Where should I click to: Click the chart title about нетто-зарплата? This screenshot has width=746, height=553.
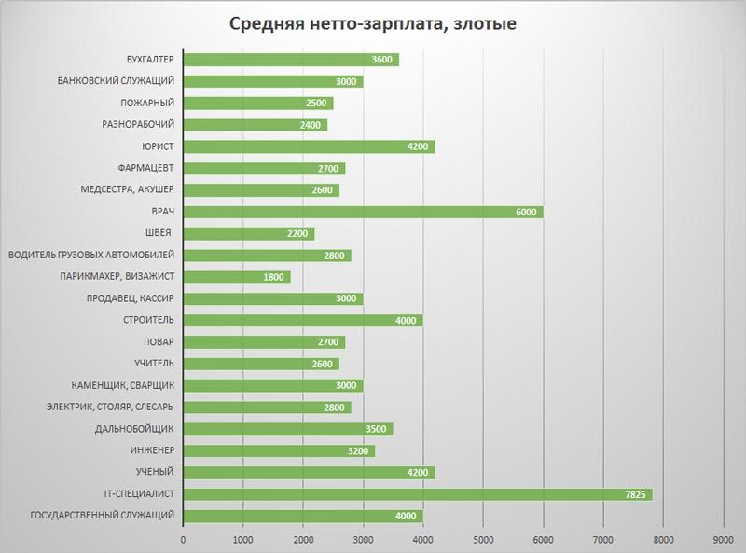(x=373, y=23)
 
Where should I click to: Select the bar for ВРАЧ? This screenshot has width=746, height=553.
(x=364, y=212)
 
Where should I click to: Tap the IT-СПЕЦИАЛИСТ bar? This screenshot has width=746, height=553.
(x=418, y=494)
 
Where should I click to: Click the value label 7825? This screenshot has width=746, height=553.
(x=633, y=494)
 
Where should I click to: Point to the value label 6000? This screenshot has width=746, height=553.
(x=526, y=212)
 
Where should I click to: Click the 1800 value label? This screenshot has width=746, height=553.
(x=275, y=277)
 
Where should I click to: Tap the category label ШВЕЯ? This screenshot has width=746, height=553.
(x=159, y=233)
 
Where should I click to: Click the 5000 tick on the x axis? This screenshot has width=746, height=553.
(x=484, y=538)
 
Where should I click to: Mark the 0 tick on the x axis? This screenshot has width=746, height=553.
(x=184, y=538)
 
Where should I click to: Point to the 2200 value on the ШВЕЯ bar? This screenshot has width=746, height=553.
(x=298, y=233)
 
